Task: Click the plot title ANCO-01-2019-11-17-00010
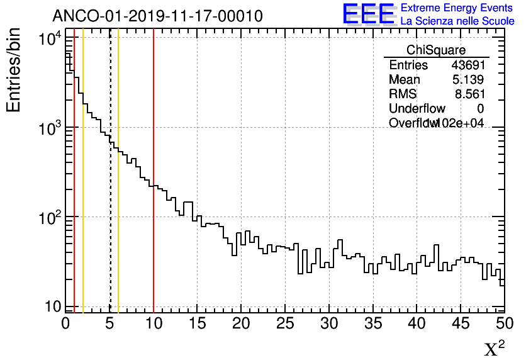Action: (157, 15)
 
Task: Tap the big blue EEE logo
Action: (369, 14)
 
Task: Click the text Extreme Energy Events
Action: (457, 8)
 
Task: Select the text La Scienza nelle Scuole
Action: (457, 21)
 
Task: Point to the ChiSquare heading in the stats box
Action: (436, 50)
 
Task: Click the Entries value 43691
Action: (468, 65)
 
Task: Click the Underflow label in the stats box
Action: (417, 109)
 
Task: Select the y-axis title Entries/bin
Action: (14, 70)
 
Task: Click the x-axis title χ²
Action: (494, 349)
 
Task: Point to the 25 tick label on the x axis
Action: (285, 324)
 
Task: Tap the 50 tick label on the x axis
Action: (503, 324)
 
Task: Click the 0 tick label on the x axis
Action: (65, 324)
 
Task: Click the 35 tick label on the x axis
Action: (372, 324)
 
